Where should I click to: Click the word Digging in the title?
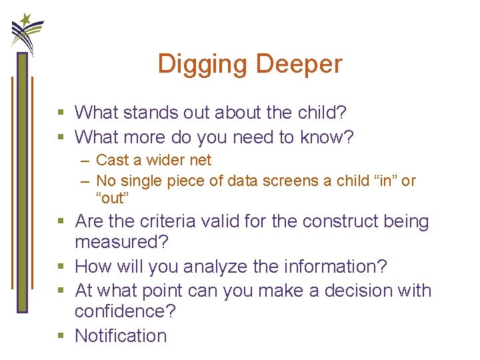pos(203,65)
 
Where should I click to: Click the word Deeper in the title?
pos(299,65)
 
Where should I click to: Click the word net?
pos(200,160)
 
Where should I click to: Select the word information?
pos(333,267)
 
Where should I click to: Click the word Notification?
pos(121,335)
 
